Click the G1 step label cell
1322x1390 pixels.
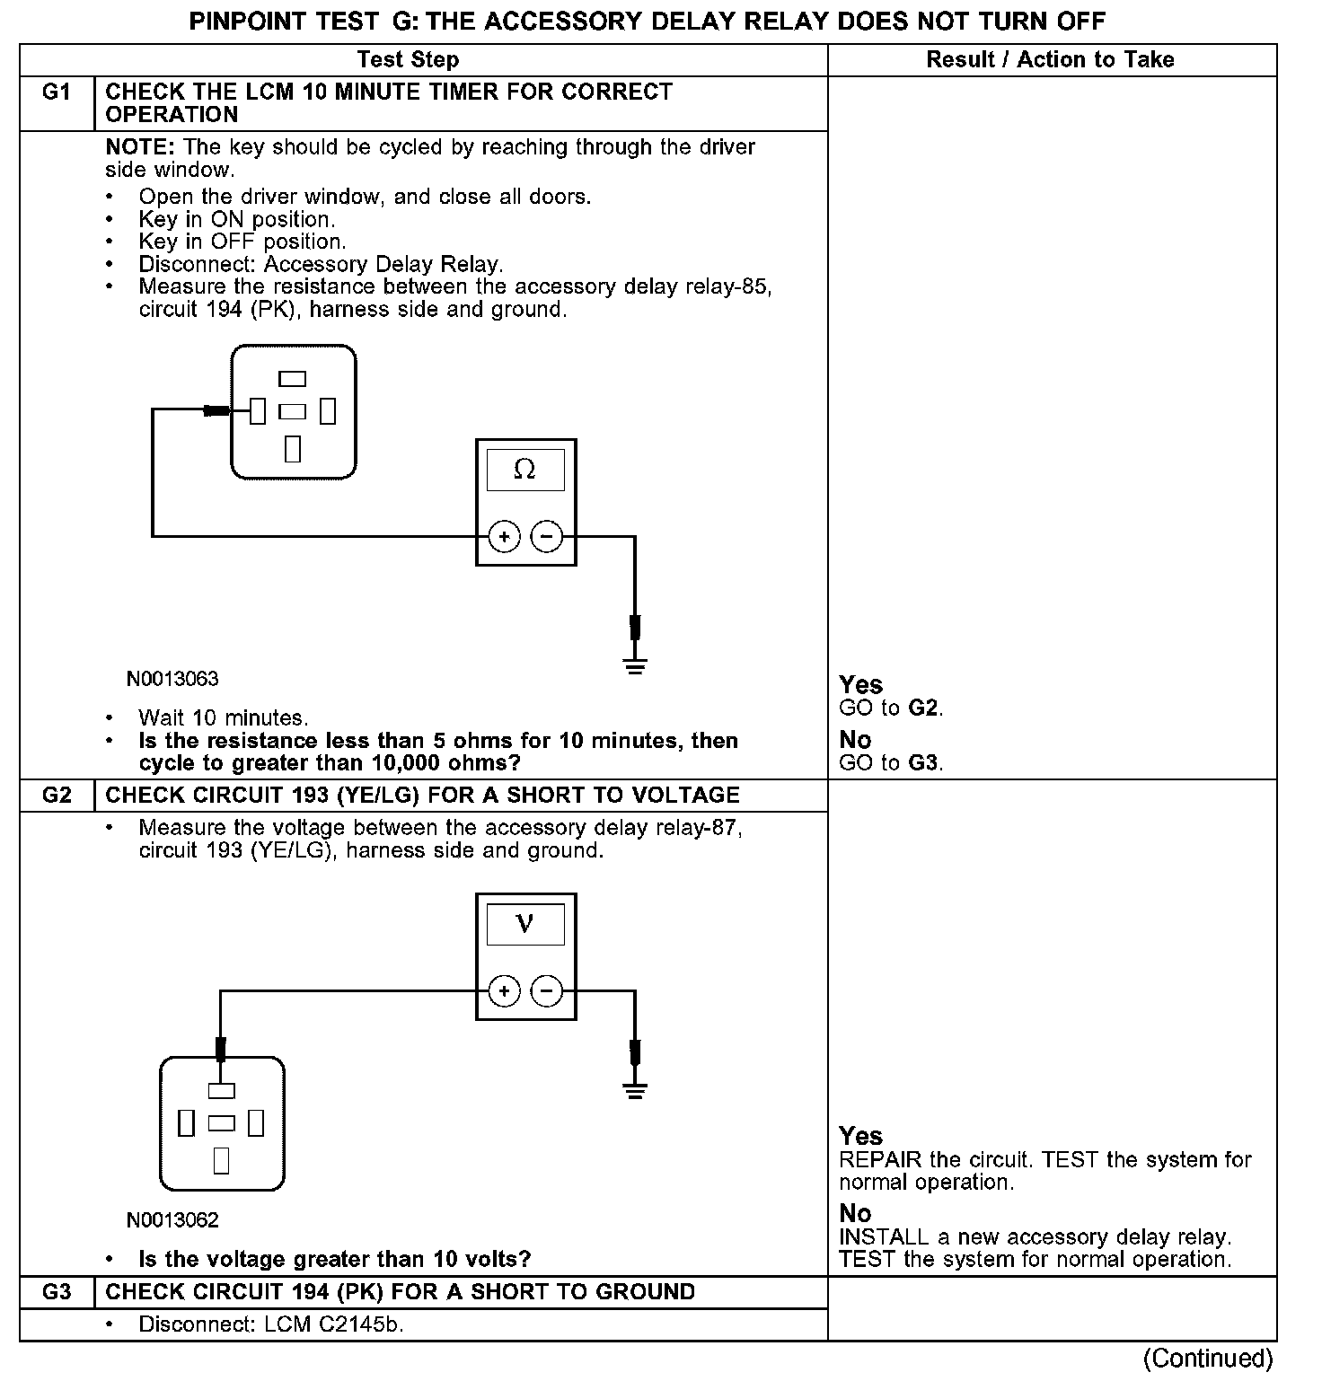click(57, 92)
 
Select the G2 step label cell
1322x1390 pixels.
click(57, 796)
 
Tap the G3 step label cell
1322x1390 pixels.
click(57, 1292)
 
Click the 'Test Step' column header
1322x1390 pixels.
click(408, 60)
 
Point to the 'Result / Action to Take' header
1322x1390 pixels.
click(1050, 60)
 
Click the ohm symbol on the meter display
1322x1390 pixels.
click(524, 470)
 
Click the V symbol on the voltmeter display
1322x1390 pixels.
click(525, 924)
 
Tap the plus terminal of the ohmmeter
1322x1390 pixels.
click(504, 537)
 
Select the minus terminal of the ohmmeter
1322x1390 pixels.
click(547, 537)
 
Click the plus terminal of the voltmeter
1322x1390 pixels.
click(504, 991)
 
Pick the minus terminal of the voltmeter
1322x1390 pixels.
click(547, 991)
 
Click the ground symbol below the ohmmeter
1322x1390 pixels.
click(635, 665)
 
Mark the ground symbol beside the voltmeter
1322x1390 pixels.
click(635, 1091)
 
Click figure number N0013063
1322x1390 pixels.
click(172, 679)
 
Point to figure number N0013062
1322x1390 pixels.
click(172, 1220)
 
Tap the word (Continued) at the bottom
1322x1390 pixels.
click(1207, 1359)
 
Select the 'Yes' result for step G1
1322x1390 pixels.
click(860, 685)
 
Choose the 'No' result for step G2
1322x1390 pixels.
click(855, 1214)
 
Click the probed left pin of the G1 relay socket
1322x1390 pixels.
click(258, 411)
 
